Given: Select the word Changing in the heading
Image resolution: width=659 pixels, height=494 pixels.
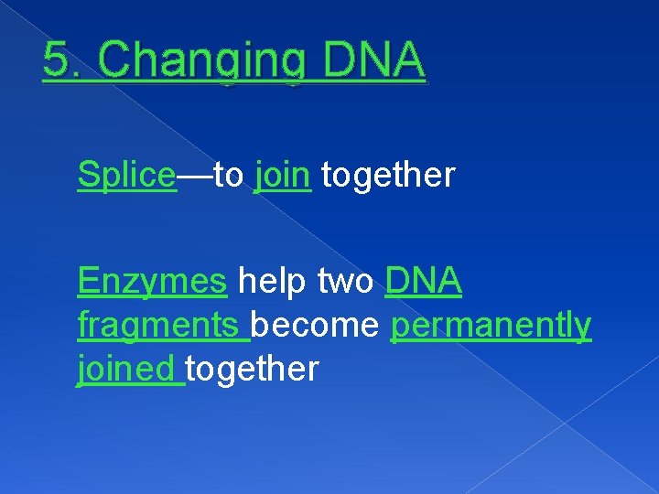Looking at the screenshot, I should [x=201, y=63].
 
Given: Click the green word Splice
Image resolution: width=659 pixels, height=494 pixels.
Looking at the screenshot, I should [x=126, y=175].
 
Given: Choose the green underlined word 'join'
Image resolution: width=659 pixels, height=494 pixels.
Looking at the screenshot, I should [x=283, y=175].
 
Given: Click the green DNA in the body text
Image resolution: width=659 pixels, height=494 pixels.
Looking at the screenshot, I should [x=424, y=282].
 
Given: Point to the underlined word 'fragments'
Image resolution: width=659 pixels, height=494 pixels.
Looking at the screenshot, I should [x=161, y=326].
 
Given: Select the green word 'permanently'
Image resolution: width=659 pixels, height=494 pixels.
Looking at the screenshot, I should [x=491, y=326].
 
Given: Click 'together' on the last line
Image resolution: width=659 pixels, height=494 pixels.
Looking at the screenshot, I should [x=253, y=368].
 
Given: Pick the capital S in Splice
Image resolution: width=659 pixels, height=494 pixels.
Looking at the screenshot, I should [x=88, y=174].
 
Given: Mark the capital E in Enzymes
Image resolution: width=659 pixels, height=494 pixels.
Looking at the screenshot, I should [x=89, y=282].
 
